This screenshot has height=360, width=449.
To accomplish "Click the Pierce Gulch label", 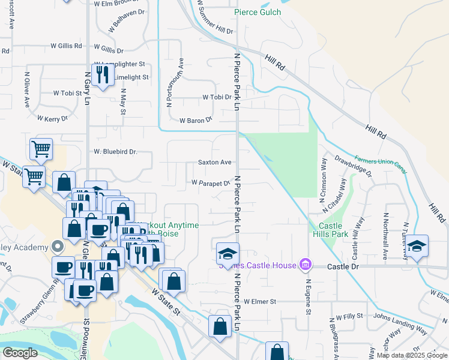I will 257,12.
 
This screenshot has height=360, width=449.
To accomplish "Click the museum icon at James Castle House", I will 305,265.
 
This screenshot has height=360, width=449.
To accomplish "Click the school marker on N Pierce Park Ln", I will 228,254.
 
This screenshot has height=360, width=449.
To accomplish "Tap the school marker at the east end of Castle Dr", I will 417,246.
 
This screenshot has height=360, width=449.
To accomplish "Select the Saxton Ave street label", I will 215,163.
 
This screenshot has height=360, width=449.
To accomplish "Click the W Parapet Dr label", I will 211,182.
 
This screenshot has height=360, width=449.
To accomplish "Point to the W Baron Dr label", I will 196,120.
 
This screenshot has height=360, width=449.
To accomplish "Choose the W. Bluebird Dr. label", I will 115,152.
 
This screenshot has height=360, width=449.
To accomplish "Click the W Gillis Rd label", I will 66,46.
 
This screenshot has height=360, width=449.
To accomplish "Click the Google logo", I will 20,353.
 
